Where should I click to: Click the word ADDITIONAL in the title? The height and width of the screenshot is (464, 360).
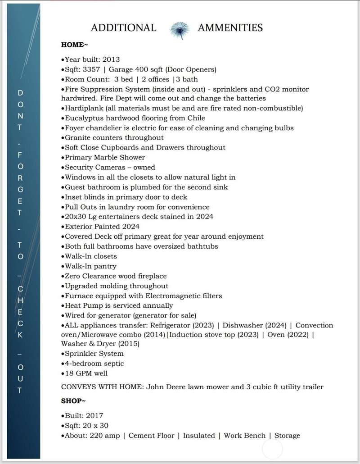click(123, 28)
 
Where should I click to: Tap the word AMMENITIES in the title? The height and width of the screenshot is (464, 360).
click(230, 28)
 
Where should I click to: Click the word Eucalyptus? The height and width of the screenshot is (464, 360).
click(84, 118)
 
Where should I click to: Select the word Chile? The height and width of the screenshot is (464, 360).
click(196, 118)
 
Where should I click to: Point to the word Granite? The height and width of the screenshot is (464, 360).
click(78, 137)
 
